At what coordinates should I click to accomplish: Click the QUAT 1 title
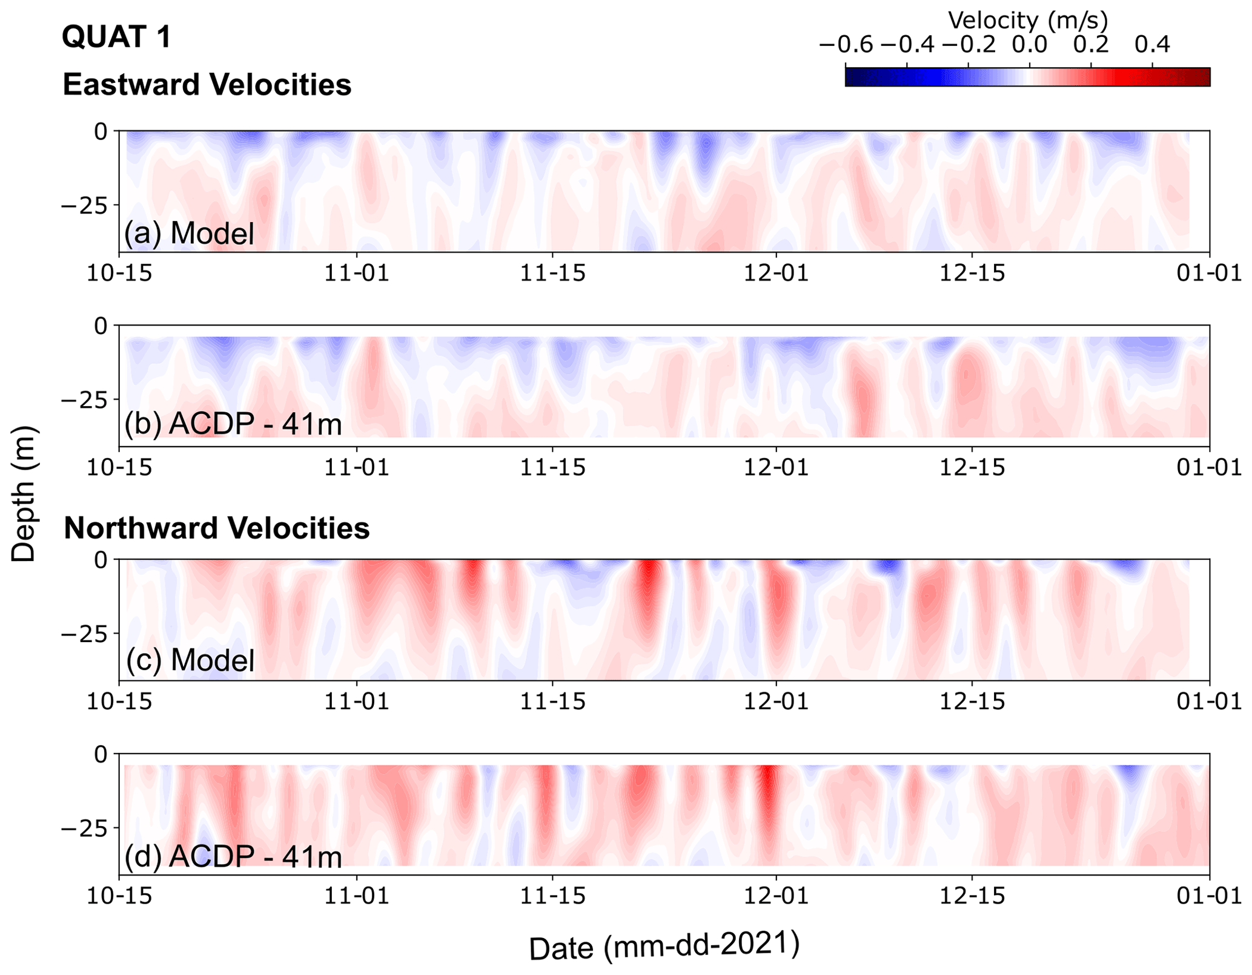pos(117,38)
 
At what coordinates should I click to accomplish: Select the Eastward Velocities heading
pos(207,85)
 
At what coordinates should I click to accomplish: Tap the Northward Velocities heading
pos(216,528)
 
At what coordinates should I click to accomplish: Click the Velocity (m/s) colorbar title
pos(1027,21)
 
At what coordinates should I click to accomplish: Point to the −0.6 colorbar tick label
pos(846,45)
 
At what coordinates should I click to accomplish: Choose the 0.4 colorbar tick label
pos(1152,45)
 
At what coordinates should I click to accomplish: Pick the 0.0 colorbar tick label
pos(1030,45)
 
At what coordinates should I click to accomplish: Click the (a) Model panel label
pos(189,234)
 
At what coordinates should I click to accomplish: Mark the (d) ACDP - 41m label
pos(233,857)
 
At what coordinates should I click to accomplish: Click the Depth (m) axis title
pos(24,493)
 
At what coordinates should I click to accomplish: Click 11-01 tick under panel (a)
pos(357,274)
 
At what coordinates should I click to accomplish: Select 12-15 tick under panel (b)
pos(972,468)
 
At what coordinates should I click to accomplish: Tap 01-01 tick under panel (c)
pos(1210,702)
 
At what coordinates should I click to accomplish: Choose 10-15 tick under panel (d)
pos(119,896)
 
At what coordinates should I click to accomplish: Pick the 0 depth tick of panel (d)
pos(101,755)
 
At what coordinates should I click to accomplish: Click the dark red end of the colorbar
pos(1202,77)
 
